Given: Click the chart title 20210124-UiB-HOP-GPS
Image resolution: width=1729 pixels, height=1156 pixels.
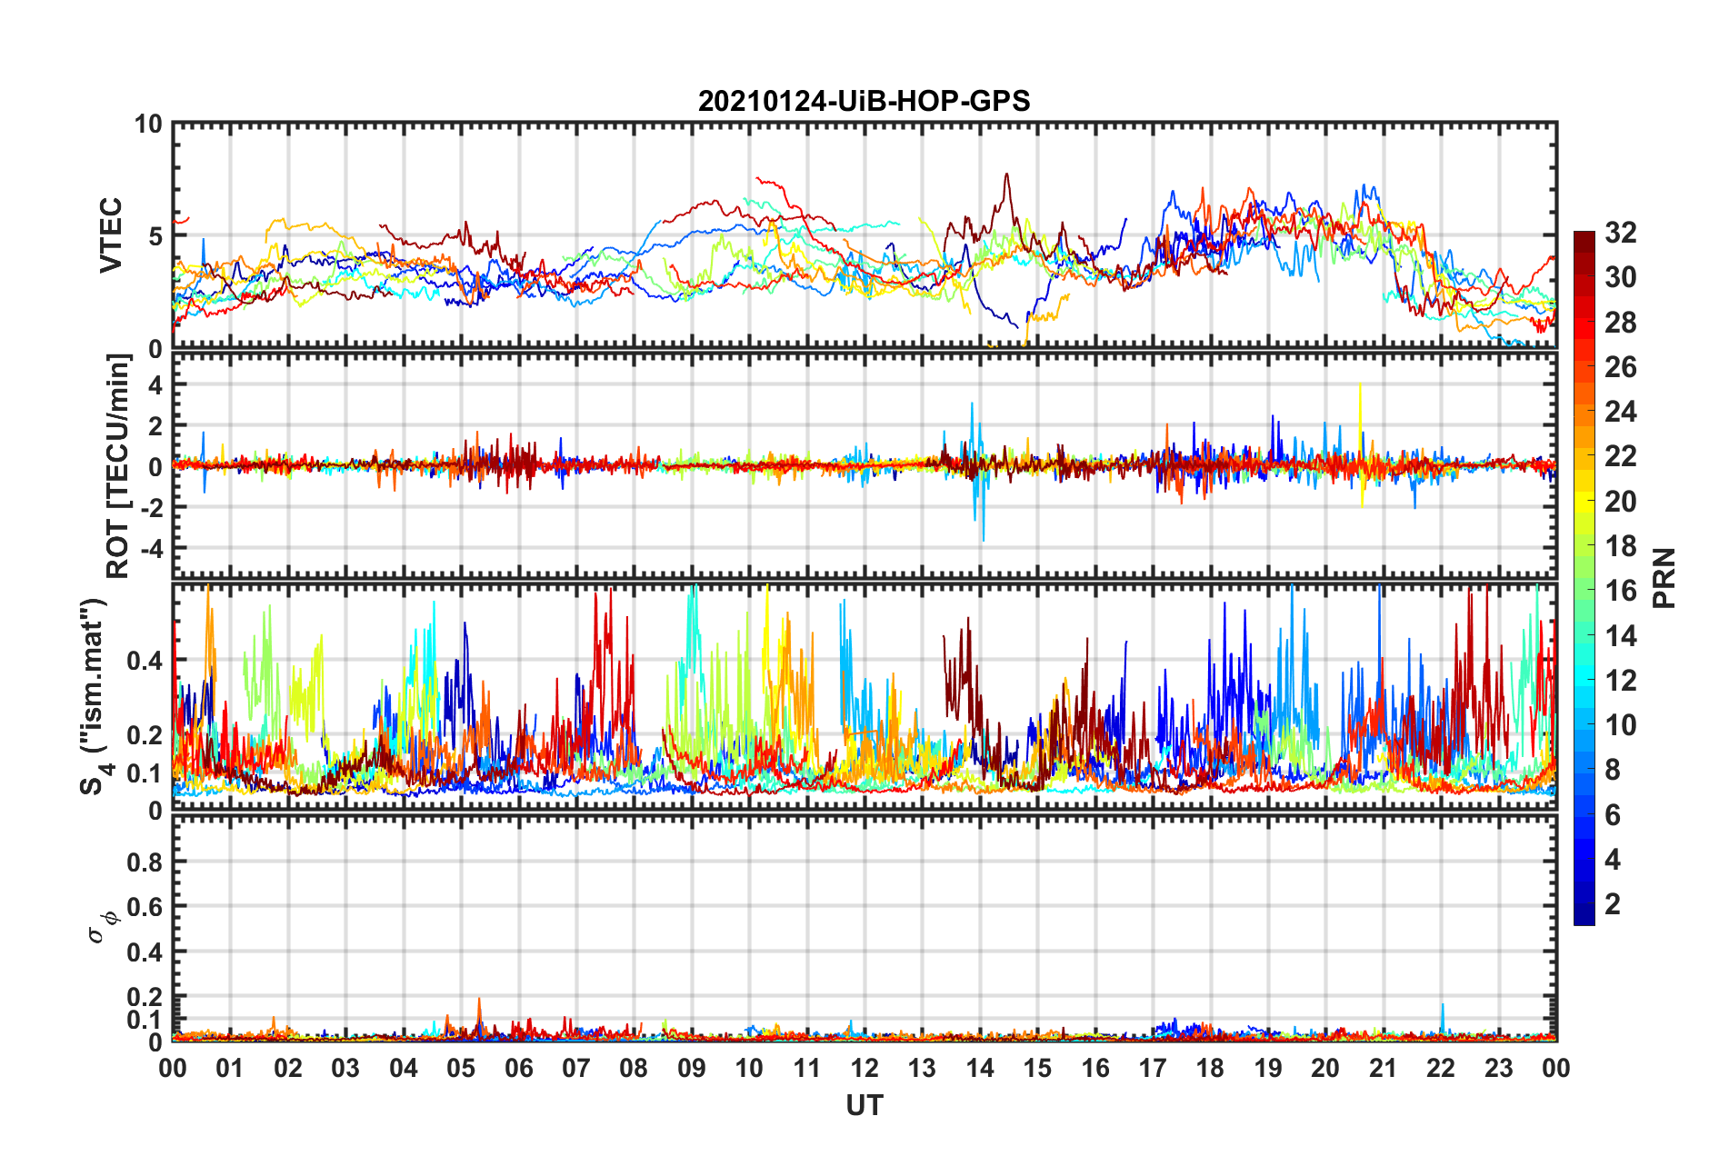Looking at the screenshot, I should click(x=864, y=101).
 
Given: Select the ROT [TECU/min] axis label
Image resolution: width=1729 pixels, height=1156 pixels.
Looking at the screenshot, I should click(x=118, y=466).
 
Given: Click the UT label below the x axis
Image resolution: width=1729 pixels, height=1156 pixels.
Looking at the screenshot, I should click(x=864, y=1105).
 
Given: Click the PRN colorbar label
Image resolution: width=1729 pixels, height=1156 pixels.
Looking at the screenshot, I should click(x=1664, y=578).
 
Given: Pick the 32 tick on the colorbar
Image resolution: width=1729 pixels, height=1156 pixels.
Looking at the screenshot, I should click(x=1620, y=233).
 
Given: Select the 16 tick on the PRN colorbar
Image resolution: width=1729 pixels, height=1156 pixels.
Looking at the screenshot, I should click(x=1620, y=591).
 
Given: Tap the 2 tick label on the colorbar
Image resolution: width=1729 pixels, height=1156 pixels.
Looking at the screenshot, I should click(x=1613, y=904).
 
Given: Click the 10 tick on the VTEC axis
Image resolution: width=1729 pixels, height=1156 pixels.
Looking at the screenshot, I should click(x=148, y=124).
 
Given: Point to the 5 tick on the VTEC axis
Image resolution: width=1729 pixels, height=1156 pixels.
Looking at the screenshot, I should click(x=155, y=236).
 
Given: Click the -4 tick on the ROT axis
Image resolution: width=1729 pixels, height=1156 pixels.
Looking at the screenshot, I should click(x=150, y=549).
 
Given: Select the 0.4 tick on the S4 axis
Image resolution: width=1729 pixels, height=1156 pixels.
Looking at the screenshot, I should click(x=145, y=661).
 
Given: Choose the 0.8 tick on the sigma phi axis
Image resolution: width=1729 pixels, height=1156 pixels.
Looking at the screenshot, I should click(x=145, y=862).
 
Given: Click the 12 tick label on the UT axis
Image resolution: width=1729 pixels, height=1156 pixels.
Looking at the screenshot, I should click(x=864, y=1069).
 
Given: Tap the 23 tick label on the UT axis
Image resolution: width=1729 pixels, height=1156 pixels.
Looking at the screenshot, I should click(x=1499, y=1069).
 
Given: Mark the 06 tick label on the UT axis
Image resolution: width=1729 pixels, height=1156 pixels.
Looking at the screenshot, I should click(x=519, y=1069).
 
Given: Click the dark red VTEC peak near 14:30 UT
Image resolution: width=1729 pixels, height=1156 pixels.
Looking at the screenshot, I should click(x=1006, y=174).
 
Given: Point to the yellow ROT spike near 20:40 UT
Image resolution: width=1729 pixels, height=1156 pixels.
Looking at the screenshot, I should click(x=1360, y=385).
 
